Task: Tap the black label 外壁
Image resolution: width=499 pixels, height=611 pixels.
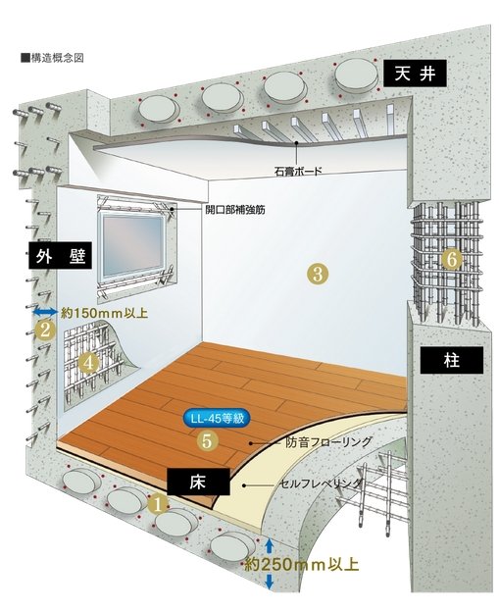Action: click(x=61, y=255)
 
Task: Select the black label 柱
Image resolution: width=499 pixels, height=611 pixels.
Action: click(x=452, y=360)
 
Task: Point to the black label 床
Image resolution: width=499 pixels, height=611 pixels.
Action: click(x=198, y=482)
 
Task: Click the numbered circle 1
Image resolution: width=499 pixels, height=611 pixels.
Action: click(x=158, y=505)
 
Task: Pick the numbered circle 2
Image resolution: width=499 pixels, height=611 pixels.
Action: click(x=45, y=331)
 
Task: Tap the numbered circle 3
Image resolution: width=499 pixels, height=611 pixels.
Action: click(x=318, y=274)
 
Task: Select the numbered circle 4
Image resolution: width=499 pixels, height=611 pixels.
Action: click(x=88, y=363)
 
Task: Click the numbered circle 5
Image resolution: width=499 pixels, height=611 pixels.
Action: click(x=207, y=441)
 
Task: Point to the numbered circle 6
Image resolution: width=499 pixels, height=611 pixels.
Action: click(x=452, y=259)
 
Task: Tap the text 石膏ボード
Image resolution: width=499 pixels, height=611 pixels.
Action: click(x=299, y=171)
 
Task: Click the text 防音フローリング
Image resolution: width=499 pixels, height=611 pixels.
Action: click(x=328, y=442)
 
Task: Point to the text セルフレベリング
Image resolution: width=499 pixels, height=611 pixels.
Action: click(x=321, y=484)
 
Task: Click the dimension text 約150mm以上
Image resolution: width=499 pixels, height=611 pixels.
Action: click(x=104, y=313)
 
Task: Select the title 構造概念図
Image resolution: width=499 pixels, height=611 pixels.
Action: click(x=52, y=58)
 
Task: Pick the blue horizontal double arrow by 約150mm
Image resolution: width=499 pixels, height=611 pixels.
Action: click(x=45, y=311)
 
